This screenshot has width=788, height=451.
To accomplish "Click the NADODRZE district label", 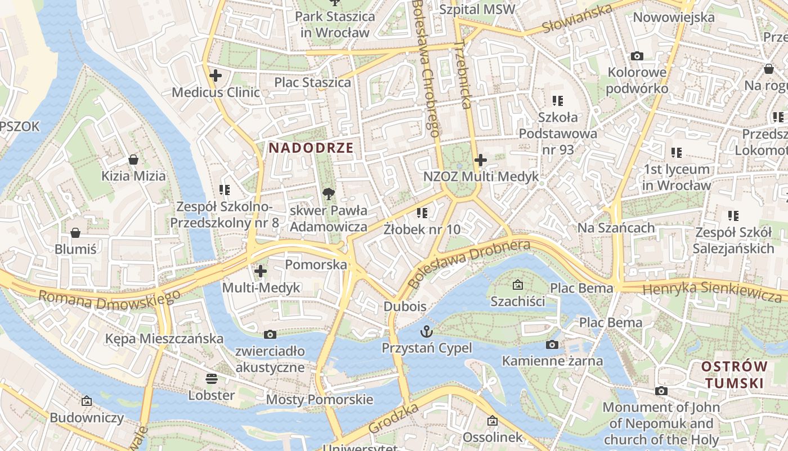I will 311,148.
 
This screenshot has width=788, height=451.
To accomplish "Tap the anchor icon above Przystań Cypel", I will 426,331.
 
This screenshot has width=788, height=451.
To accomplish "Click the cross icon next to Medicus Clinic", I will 215,75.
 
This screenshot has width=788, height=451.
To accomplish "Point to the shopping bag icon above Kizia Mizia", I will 133,160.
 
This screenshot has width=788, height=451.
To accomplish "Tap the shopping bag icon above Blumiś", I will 75,233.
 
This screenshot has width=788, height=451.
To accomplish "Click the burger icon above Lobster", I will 212,378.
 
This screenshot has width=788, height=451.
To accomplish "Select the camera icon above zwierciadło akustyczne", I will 270,334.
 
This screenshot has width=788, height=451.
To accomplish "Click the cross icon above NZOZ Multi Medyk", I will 480,160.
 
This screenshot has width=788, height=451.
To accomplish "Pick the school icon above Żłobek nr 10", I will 422,213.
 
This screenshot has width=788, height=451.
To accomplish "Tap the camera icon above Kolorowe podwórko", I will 637,56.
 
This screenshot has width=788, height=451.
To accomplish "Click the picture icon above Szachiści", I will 517,285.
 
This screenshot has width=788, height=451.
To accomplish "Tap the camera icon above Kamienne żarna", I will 552,344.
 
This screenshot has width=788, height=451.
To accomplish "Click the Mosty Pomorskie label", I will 319,400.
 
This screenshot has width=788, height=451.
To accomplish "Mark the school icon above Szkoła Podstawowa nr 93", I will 557,101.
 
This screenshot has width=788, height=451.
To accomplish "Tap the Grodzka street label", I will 394,418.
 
